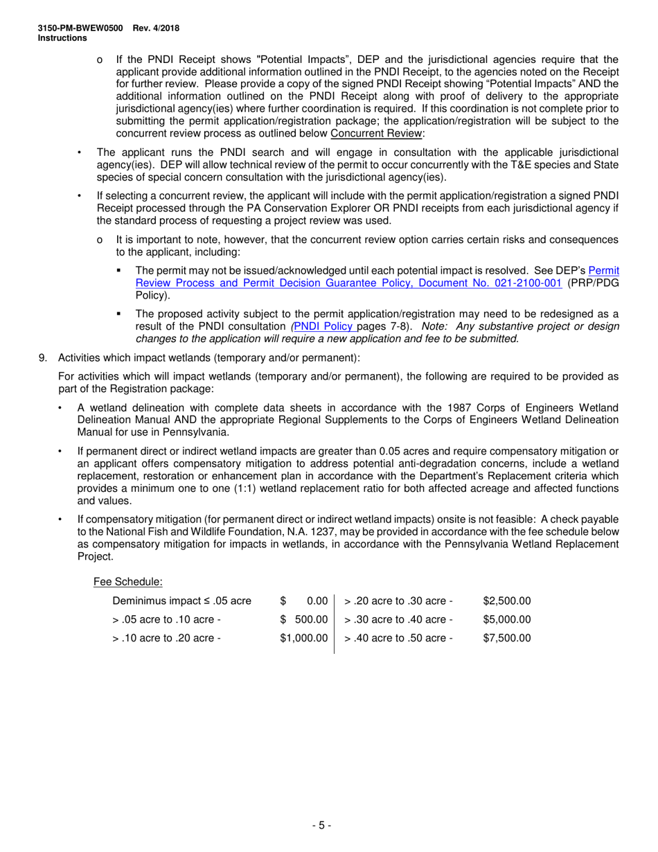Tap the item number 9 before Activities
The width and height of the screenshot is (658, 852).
[42, 357]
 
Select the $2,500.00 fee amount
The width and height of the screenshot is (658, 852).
[507, 601]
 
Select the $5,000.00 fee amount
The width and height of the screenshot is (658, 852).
[507, 619]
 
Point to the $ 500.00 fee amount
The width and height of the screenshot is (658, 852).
[303, 619]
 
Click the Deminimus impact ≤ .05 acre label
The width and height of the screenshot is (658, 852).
[181, 601]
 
